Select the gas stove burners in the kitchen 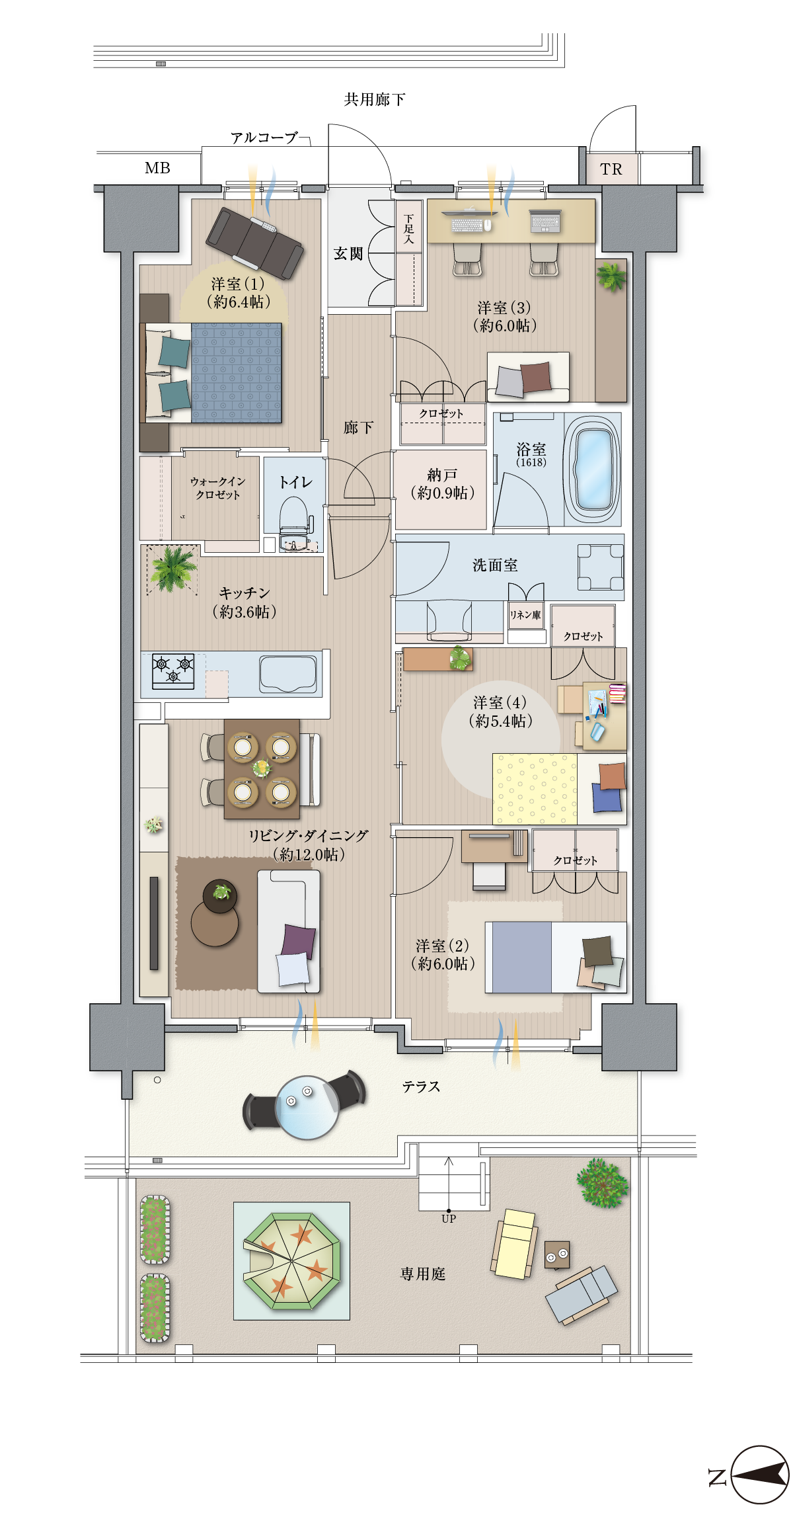(173, 671)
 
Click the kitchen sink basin (287, 674)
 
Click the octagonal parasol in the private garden (291, 1260)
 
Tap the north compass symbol (759, 1475)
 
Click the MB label (157, 168)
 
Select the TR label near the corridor (611, 169)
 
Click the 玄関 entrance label (348, 253)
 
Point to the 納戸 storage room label (441, 475)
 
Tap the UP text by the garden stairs (449, 1219)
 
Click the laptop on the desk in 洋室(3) (545, 221)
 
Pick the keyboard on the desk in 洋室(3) (467, 224)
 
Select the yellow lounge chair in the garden (515, 1243)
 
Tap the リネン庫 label (525, 615)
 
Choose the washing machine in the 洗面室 (600, 567)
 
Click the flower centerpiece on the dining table (262, 768)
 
